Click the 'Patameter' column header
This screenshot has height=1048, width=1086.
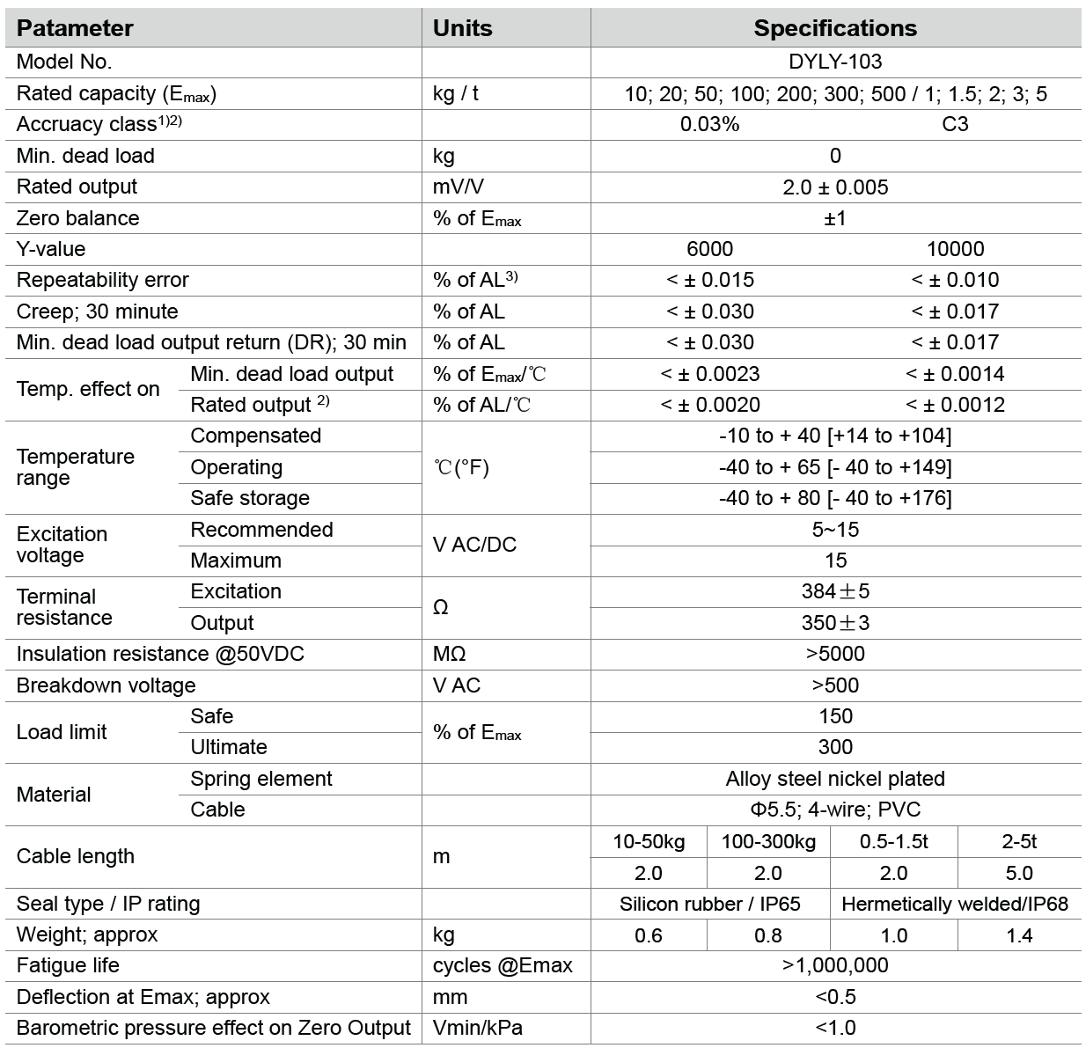pyautogui.click(x=75, y=28)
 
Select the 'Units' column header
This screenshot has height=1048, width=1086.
pyautogui.click(x=462, y=28)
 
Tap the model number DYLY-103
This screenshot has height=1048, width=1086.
pyautogui.click(x=835, y=62)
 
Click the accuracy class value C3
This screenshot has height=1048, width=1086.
pyautogui.click(x=955, y=124)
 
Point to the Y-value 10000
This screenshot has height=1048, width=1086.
pyautogui.click(x=955, y=249)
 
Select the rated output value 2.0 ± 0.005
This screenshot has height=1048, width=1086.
pyautogui.click(x=835, y=187)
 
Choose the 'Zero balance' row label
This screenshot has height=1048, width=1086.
pyautogui.click(x=77, y=218)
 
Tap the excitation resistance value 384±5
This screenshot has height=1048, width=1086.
pyautogui.click(x=835, y=591)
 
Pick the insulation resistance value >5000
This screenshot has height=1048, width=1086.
pyautogui.click(x=835, y=654)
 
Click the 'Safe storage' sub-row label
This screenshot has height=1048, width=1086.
pyautogui.click(x=250, y=498)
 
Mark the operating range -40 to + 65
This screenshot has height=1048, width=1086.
pyautogui.click(x=835, y=467)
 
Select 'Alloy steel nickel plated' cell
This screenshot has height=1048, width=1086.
pyautogui.click(x=835, y=779)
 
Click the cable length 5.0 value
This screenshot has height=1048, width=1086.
pyautogui.click(x=1019, y=873)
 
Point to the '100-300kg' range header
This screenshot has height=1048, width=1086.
pyautogui.click(x=768, y=842)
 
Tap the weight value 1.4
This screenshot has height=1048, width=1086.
pyautogui.click(x=1019, y=935)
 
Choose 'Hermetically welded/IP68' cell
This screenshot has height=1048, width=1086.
pyautogui.click(x=955, y=904)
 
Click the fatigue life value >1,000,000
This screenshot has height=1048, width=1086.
pyautogui.click(x=835, y=965)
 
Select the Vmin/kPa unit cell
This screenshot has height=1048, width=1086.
pyautogui.click(x=477, y=1028)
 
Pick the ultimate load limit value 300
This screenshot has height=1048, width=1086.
pyautogui.click(x=835, y=747)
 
